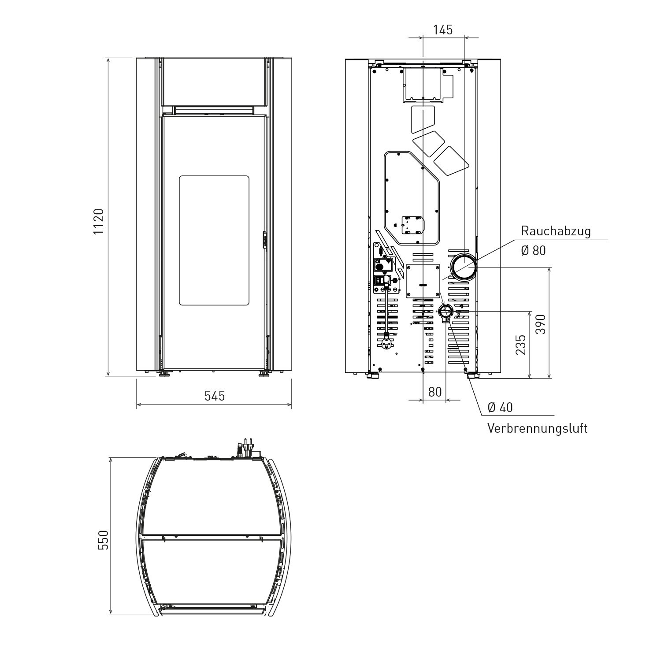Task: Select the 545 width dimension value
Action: coord(215,396)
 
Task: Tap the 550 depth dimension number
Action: coord(103,540)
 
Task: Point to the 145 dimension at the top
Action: coord(443,30)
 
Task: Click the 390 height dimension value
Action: coord(541,324)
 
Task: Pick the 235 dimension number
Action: coord(520,345)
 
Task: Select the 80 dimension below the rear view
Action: coord(434,392)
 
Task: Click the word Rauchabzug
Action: coord(556,231)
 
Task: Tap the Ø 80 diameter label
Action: coord(533,250)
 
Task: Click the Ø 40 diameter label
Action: coord(500,407)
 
